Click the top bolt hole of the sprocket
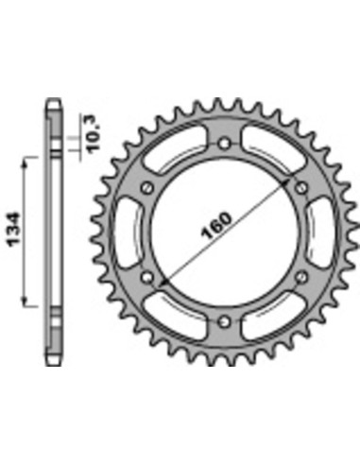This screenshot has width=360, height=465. click(224, 143)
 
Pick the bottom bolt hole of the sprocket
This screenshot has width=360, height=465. click(224, 319)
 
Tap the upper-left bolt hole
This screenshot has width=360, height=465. click(147, 187)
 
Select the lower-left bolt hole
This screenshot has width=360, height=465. click(147, 276)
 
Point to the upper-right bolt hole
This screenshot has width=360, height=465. click(300, 187)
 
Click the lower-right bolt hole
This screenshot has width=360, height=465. click(300, 276)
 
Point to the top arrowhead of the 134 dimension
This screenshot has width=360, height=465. click(26, 162)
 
